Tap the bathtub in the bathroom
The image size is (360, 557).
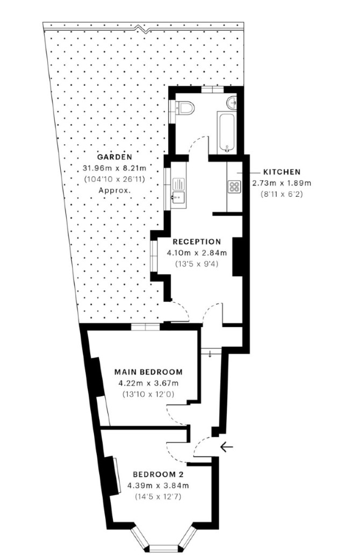pos(227,132)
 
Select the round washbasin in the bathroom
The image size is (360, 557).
pos(233,102)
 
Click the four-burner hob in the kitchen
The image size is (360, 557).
pos(234,187)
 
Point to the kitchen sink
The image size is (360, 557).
pos(178,191)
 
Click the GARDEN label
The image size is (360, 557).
pos(114,156)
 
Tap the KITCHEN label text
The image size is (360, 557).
pos(282,172)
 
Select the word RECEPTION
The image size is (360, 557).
pos(197,242)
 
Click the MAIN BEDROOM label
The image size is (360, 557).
pos(148,372)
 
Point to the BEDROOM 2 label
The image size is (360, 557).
pos(159,474)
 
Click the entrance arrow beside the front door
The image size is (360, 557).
pos(227,447)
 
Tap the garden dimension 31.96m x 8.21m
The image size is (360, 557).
pos(114,168)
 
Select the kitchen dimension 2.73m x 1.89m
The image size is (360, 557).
pos(282,183)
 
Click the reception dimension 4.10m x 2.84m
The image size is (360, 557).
pos(197,253)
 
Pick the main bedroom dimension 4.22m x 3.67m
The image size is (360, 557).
pos(148,383)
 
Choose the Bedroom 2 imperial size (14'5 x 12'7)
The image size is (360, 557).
pos(159,497)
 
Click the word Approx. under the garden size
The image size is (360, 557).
pos(114,190)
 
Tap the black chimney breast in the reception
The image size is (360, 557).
pos(237,256)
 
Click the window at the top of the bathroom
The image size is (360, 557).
pos(212,89)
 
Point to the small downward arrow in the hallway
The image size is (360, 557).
pos(210,354)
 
